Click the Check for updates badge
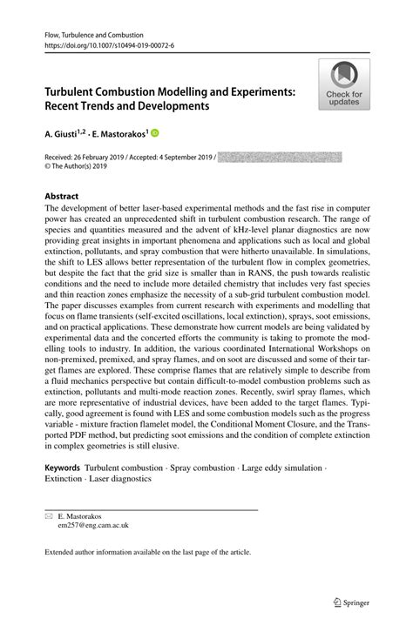pos(344,85)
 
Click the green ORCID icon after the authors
pos(156,134)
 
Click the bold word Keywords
pos(63,468)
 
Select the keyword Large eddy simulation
pos(280,468)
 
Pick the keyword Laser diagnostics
pos(120,479)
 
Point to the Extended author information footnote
pos(146,552)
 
